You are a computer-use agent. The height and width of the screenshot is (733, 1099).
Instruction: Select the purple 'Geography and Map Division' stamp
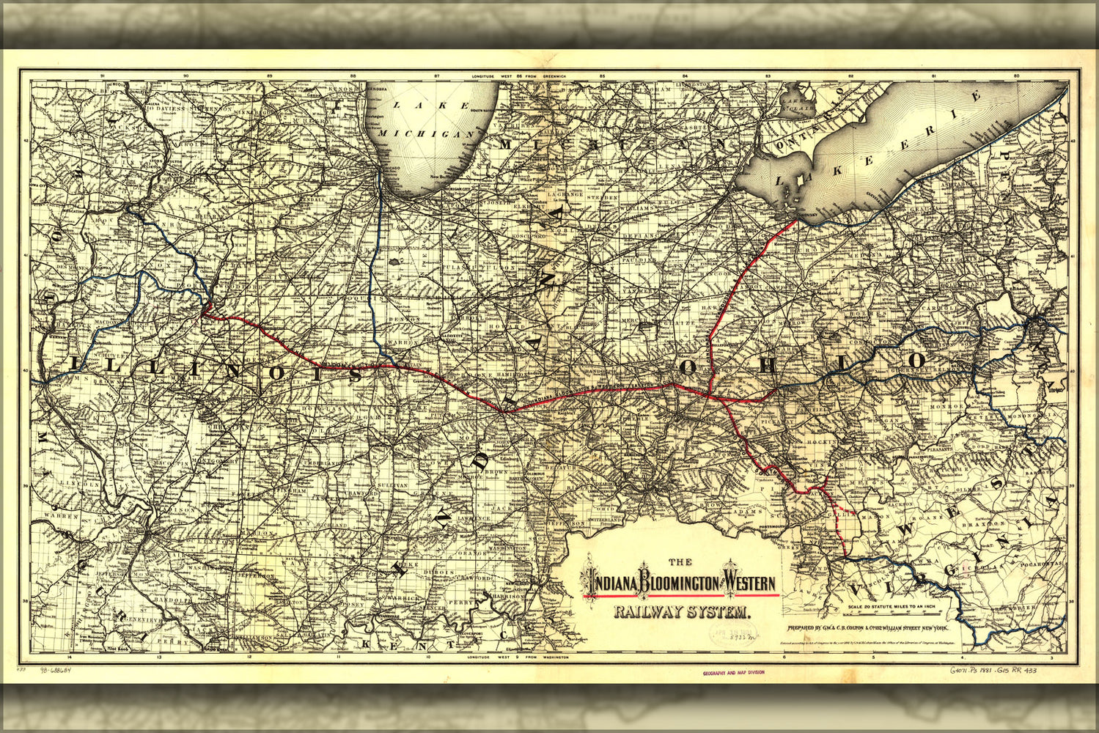733,672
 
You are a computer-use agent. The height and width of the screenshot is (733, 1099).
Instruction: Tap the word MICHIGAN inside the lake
427,133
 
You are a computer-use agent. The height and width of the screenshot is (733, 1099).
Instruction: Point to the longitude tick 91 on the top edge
103,75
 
